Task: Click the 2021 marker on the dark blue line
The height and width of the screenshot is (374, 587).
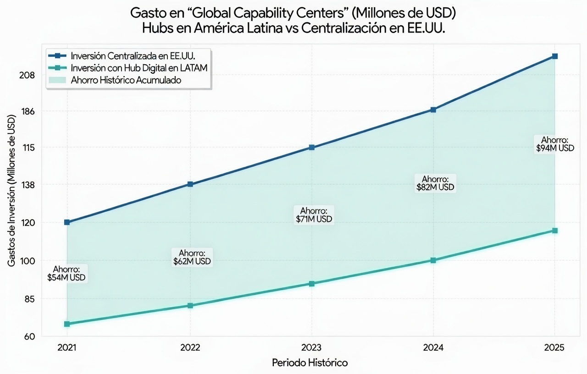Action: tap(67, 222)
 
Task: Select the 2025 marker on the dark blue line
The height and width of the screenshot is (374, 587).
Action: tap(555, 56)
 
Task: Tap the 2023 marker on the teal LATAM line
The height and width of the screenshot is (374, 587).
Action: tap(312, 284)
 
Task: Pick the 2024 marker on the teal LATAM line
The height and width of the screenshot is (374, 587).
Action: tap(433, 260)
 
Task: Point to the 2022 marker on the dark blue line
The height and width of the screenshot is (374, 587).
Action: tap(190, 184)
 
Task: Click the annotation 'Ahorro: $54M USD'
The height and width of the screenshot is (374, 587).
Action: tap(66, 273)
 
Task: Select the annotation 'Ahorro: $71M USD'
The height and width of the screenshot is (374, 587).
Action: tap(313, 215)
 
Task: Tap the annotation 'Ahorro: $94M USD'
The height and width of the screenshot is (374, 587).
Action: tap(555, 144)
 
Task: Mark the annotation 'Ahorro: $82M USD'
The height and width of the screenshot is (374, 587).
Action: tap(435, 183)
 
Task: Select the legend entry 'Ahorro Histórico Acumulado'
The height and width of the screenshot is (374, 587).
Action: tap(126, 80)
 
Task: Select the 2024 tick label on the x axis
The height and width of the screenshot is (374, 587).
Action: tap(433, 347)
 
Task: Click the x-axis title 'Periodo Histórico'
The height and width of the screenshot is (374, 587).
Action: tap(310, 363)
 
